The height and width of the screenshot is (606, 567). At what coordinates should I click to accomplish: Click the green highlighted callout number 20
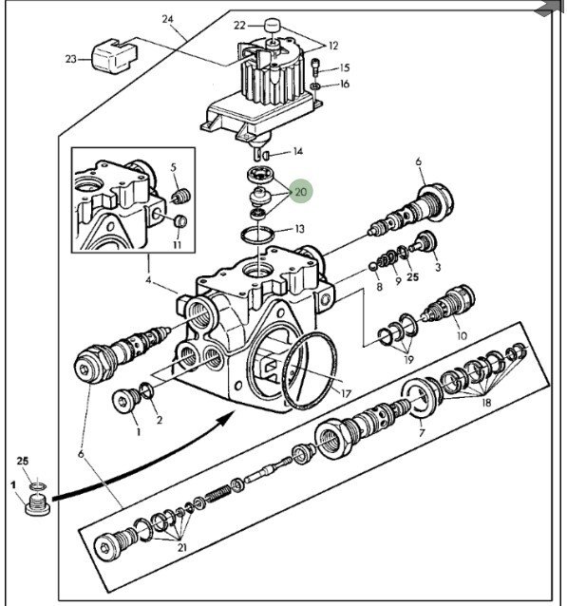(300, 191)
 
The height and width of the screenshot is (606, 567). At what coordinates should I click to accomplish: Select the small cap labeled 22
(273, 27)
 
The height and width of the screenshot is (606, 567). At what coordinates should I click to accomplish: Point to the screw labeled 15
(316, 66)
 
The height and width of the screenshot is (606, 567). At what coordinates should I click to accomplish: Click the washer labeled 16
(315, 86)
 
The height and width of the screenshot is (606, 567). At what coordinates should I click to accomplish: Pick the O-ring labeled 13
(257, 235)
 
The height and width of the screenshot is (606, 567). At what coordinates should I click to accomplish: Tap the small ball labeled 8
(373, 267)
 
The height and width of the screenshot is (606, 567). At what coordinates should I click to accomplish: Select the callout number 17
(346, 393)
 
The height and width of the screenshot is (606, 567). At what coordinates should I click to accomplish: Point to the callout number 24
(168, 19)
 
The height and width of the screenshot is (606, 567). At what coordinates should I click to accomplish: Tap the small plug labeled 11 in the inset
(180, 221)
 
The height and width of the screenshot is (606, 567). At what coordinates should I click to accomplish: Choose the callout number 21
(182, 547)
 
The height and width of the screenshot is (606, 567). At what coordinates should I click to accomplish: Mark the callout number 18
(486, 403)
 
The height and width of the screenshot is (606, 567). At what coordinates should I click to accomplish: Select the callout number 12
(333, 46)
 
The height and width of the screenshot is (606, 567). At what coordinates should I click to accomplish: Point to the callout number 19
(408, 359)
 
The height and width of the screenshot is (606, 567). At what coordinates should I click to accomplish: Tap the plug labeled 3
(424, 241)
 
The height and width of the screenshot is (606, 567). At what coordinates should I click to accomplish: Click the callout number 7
(422, 432)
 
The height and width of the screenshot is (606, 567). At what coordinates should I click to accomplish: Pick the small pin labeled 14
(266, 156)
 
